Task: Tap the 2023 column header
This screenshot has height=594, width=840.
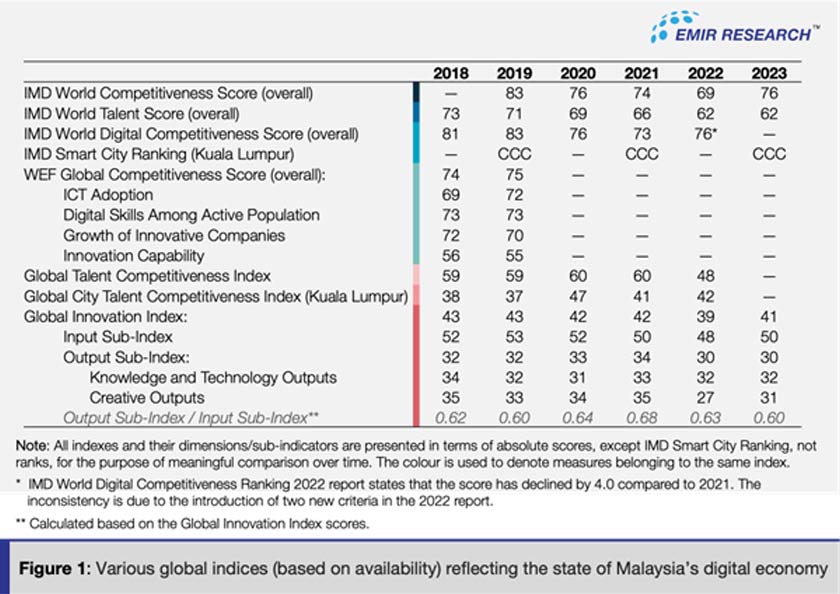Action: pyautogui.click(x=768, y=73)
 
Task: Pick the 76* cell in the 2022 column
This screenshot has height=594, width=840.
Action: pyautogui.click(x=707, y=133)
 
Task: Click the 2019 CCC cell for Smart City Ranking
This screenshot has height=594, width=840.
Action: pyautogui.click(x=513, y=154)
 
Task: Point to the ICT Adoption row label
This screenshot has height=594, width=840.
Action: pyautogui.click(x=108, y=194)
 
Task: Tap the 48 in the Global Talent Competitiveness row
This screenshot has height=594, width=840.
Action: pyautogui.click(x=705, y=275)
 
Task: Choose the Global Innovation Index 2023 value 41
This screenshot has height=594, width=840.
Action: pyautogui.click(x=768, y=316)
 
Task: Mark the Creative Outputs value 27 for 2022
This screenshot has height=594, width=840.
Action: pyautogui.click(x=705, y=398)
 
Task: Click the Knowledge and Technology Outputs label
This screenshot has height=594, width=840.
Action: pyautogui.click(x=213, y=378)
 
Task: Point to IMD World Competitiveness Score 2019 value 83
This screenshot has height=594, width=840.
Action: pyautogui.click(x=513, y=93)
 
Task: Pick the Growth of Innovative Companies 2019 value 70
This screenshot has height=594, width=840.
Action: pyautogui.click(x=513, y=235)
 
